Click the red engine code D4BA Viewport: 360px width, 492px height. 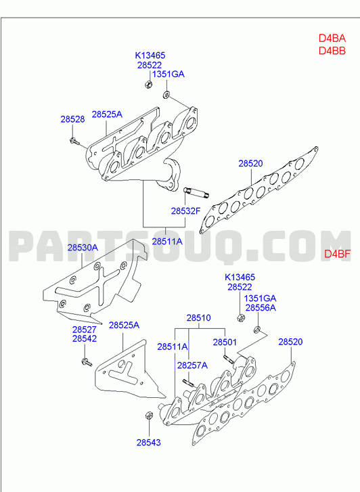click(332, 39)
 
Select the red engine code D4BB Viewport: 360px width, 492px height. click(332, 51)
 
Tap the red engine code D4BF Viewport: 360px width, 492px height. click(337, 254)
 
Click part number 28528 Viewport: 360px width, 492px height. click(72, 119)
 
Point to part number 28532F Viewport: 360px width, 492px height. click(185, 211)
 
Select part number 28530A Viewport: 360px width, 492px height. click(83, 248)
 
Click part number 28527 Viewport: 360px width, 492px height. click(85, 330)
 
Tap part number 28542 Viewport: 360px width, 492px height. click(85, 339)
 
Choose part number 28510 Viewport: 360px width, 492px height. click(199, 318)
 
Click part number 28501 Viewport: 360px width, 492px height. click(225, 342)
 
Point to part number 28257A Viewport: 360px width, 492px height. click(192, 365)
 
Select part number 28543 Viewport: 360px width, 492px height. click(148, 443)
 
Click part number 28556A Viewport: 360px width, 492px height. click(261, 308)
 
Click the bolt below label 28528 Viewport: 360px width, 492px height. click(74, 141)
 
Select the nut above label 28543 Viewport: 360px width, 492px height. click(149, 415)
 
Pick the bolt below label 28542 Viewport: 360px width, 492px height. click(87, 362)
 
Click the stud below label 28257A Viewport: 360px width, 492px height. click(188, 383)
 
